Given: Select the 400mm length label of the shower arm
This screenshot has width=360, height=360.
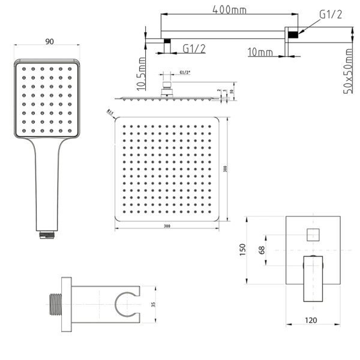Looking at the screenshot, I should [230, 10].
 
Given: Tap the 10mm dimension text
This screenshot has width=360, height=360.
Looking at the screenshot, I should [260, 53].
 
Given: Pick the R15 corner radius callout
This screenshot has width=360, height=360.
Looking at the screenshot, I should [109, 112].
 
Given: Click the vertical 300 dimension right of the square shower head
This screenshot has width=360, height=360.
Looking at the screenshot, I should [226, 169].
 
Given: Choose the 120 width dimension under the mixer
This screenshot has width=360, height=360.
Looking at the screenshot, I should [311, 320].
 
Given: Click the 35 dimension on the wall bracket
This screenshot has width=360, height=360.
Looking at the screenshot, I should [153, 305].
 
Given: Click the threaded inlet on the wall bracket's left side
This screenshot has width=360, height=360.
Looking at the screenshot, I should [54, 304].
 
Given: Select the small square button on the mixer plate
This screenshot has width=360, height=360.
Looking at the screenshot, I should [312, 234].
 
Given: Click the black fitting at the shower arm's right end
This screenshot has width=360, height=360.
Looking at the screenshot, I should [293, 35].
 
